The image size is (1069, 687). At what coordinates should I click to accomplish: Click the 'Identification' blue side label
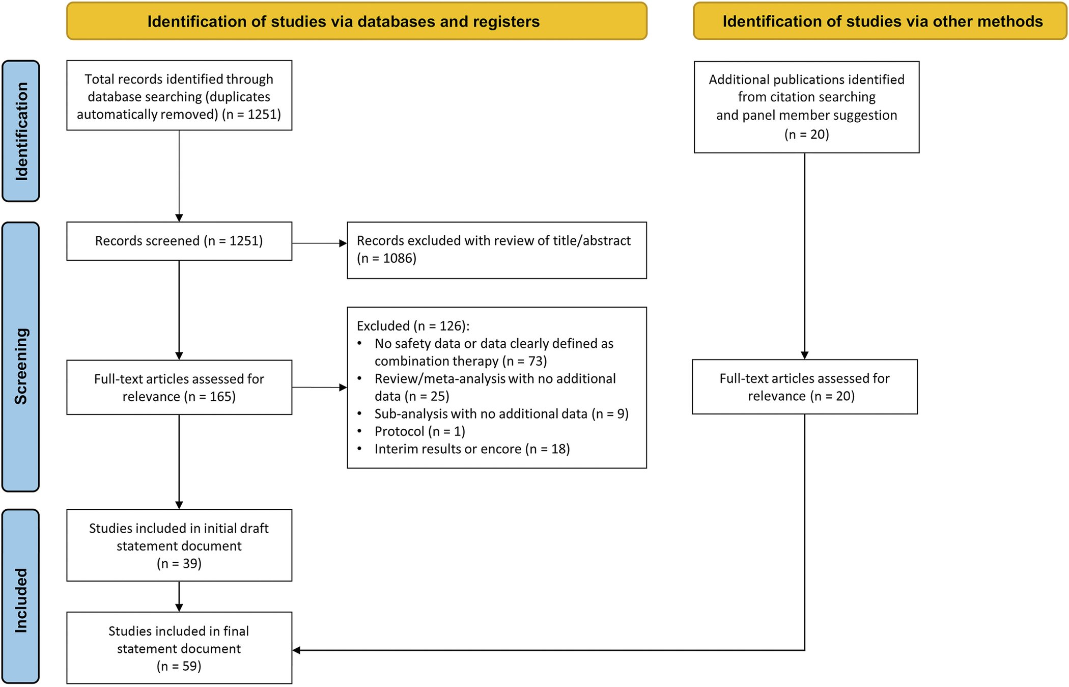pos(21,131)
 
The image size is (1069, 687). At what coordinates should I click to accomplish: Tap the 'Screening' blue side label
pos(21,357)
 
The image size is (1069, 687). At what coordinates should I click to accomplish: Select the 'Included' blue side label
pos(21,596)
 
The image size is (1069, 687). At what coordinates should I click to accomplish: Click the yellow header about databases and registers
pos(357,21)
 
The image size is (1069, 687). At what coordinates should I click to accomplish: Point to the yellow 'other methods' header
pos(880,21)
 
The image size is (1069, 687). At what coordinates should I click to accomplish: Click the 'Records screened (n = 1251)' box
pos(179,241)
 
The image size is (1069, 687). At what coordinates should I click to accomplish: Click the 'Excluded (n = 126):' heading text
pos(413,326)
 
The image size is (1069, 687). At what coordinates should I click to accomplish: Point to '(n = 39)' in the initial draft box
pos(179,564)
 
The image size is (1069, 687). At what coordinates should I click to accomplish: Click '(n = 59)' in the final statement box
pos(179,666)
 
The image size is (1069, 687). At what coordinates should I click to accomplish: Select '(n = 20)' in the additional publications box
pos(807,134)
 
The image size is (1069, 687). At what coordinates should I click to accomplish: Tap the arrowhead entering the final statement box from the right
pos(296,650)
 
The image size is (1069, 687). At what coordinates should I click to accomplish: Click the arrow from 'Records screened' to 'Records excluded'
pos(320,243)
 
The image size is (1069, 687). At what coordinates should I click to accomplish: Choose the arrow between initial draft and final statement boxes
pos(179,596)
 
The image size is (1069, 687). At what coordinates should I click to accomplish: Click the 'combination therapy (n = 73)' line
pos(461,361)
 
